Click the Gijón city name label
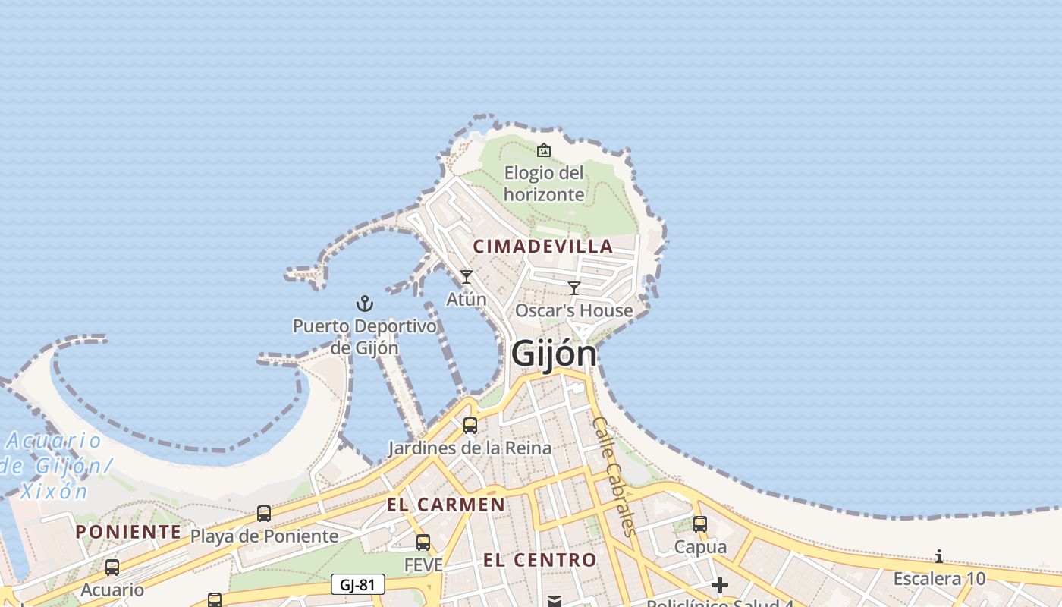click(554, 354)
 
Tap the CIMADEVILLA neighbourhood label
click(543, 246)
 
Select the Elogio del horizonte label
click(544, 184)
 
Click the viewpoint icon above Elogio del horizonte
click(544, 150)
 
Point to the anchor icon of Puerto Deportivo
click(365, 303)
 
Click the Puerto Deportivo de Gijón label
click(365, 337)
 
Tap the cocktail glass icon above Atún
click(467, 277)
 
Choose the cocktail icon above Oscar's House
click(574, 288)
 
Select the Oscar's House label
click(574, 310)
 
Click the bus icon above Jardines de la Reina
click(470, 426)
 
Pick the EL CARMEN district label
click(445, 505)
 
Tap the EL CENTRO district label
click(540, 560)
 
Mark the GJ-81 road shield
click(358, 584)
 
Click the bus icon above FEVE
click(423, 543)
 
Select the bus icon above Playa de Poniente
click(264, 514)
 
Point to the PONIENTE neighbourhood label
click(128, 531)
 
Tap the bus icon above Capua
click(700, 524)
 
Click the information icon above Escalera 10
click(939, 557)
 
